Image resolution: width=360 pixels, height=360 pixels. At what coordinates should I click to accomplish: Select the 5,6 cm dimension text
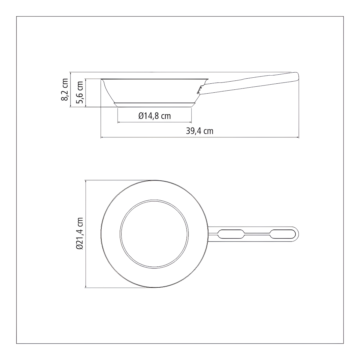pos(79,92)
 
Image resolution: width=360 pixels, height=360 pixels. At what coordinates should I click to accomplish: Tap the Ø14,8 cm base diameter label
pos(154,116)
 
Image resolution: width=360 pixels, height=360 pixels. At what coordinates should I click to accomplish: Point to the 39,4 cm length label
pos(199,131)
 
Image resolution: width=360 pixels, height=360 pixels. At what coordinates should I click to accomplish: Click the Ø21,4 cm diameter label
pos(79,233)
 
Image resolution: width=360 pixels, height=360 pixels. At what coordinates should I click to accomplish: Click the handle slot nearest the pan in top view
pos(231,234)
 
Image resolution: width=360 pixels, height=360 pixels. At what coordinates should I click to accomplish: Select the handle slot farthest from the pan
pos(283,234)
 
